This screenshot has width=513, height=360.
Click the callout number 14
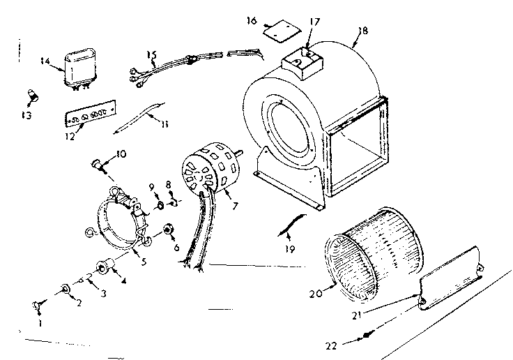45,61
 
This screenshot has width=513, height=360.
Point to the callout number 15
152,54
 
